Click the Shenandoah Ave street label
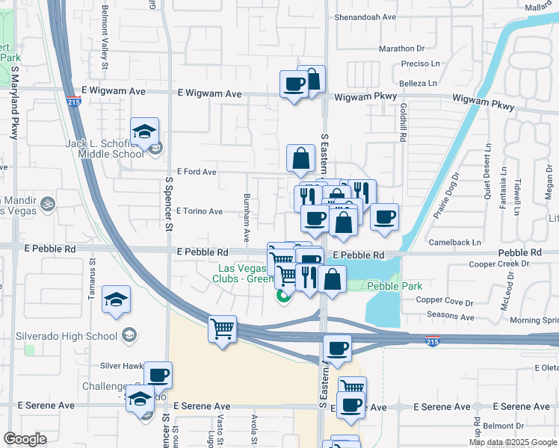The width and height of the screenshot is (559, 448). click(x=364, y=16)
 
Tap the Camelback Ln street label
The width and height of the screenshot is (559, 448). click(x=454, y=243)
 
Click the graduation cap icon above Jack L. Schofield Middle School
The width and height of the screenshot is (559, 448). click(x=144, y=131)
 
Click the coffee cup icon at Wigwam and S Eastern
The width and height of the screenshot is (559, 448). click(x=294, y=83)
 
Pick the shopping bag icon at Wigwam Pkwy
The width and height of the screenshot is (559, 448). click(x=312, y=79)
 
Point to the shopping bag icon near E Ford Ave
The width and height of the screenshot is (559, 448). click(x=300, y=158)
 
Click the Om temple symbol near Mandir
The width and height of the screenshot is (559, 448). click(x=49, y=202)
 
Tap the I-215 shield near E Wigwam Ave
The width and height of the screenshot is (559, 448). click(x=73, y=102)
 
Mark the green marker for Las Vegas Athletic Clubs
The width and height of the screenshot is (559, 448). click(x=282, y=296)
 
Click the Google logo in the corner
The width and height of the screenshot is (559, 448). click(x=25, y=439)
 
